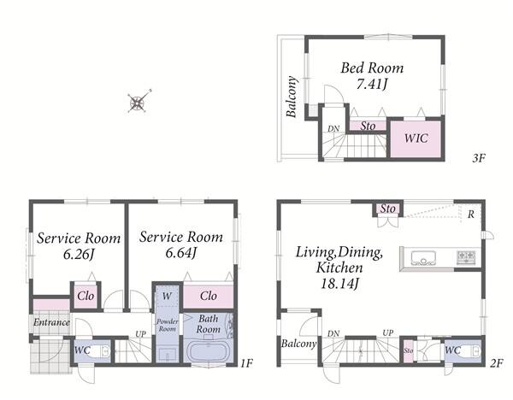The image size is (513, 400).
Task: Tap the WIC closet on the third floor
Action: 416,138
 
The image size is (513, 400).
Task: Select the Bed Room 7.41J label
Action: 372,76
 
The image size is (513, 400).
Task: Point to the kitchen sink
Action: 423,258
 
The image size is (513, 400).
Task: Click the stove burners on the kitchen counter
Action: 466,258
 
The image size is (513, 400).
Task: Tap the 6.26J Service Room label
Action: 79,246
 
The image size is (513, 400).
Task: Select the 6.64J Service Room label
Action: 181,244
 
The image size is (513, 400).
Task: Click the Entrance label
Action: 51,322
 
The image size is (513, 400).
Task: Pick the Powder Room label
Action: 168,325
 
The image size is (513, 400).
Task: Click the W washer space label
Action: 167,297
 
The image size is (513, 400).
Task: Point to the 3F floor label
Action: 479,159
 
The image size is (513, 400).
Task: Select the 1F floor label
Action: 247,362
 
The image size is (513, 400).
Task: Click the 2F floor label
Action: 496,363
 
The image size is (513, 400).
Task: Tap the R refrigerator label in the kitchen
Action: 471,215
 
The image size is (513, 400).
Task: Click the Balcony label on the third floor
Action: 292,97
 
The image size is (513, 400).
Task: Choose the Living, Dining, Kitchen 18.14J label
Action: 339,268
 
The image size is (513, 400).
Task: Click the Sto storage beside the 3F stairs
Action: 368,126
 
